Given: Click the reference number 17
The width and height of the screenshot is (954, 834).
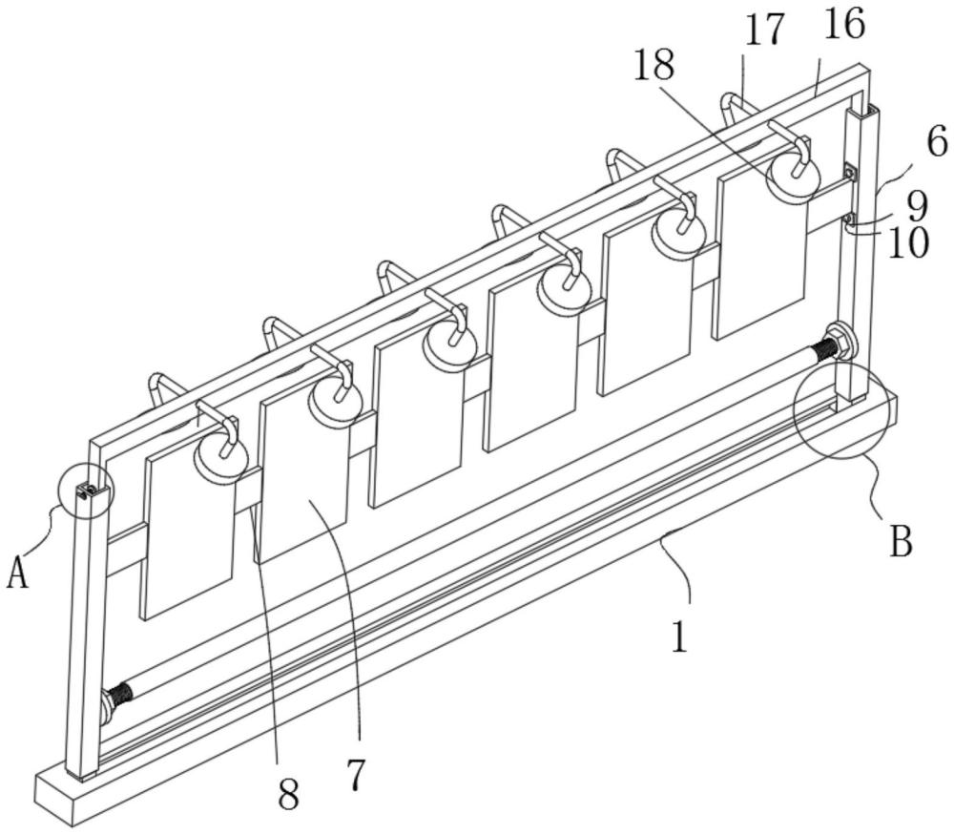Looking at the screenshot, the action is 765,31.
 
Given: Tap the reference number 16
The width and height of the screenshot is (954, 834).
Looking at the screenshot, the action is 844,26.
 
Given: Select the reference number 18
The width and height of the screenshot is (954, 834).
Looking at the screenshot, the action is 654,65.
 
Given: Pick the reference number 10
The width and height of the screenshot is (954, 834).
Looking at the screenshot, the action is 908,243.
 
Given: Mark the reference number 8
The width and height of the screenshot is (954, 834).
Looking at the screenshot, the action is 288,794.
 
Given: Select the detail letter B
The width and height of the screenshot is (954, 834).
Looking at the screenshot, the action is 902,541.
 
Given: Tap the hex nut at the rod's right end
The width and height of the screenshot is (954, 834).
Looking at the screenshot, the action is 840,343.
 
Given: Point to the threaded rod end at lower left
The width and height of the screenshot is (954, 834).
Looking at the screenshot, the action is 120,697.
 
